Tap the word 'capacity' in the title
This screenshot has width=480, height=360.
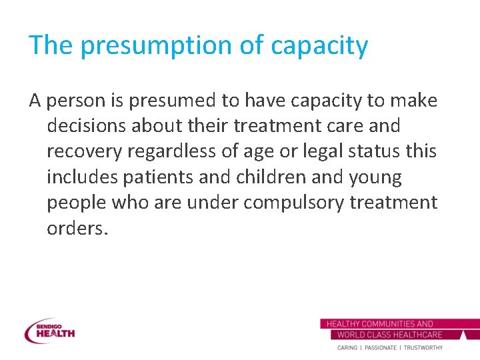point(319,45)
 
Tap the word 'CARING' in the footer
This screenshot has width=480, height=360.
point(347,347)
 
